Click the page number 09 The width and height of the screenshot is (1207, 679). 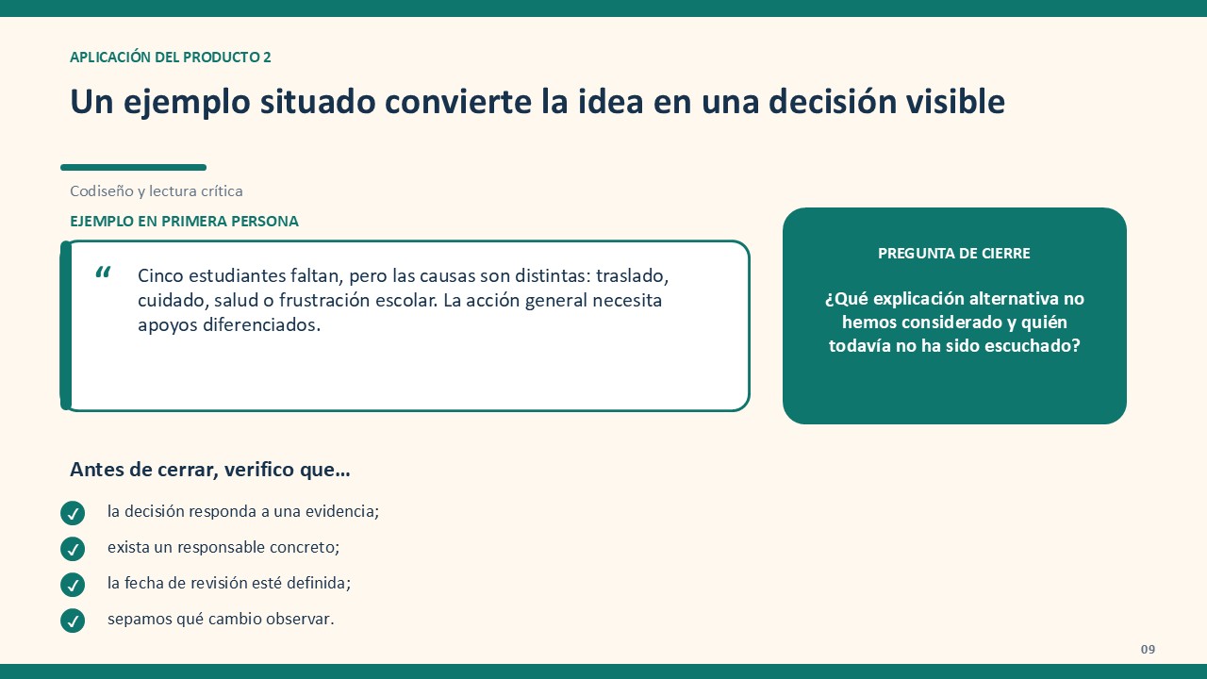click(1148, 650)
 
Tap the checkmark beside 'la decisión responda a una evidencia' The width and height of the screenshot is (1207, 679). click(73, 513)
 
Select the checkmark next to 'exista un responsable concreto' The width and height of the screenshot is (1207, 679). click(73, 549)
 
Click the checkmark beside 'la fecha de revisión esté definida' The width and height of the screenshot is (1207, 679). click(73, 585)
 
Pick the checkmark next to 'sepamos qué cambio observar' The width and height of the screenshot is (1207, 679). click(73, 621)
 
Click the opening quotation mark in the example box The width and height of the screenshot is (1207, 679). click(103, 273)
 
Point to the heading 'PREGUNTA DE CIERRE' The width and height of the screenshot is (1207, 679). click(953, 254)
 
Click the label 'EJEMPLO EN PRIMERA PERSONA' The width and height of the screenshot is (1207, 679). click(184, 222)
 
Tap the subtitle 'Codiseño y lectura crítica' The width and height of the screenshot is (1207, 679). click(157, 191)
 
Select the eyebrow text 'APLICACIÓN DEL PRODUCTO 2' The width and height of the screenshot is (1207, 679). click(171, 58)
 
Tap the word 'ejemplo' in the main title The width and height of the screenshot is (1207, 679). click(187, 103)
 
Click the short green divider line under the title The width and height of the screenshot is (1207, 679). click(134, 168)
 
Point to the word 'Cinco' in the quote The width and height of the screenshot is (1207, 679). click(160, 276)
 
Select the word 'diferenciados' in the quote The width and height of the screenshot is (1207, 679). click(261, 325)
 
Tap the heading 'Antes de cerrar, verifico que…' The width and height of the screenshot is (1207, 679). click(210, 470)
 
